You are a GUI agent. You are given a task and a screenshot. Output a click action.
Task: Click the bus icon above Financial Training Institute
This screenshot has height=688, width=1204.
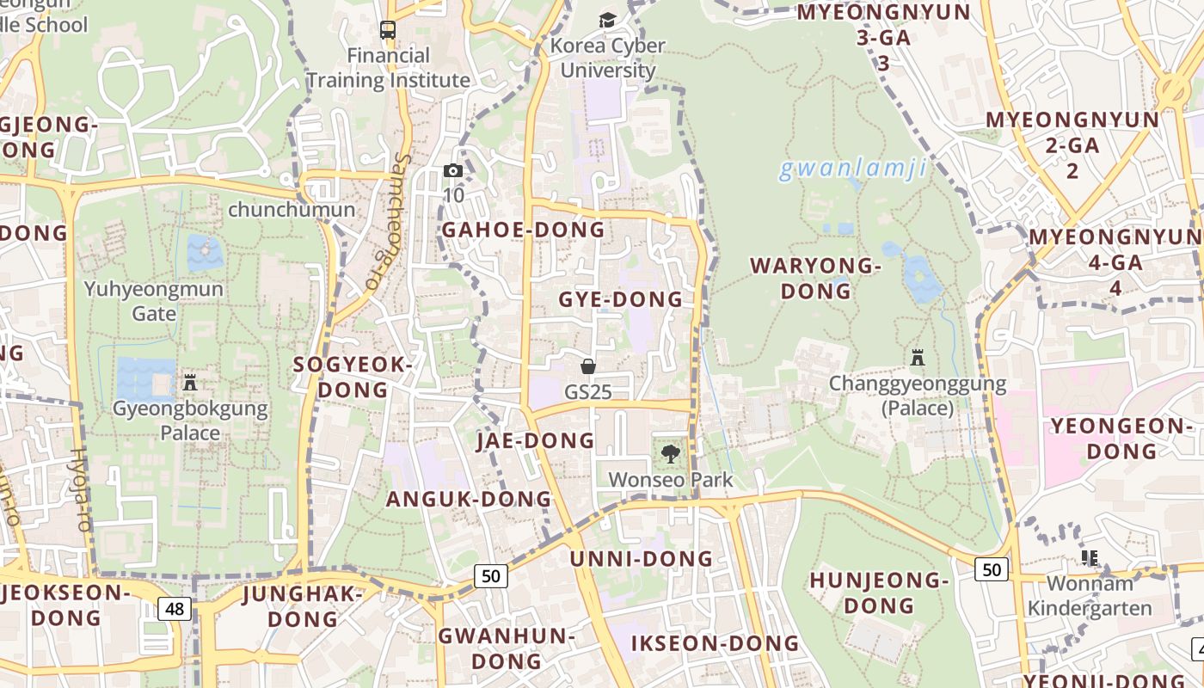click(x=388, y=30)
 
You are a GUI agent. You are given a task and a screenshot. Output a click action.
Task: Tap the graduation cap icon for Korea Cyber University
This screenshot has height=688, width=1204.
click(x=608, y=20)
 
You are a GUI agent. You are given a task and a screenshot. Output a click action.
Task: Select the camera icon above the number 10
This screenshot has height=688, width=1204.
click(x=453, y=170)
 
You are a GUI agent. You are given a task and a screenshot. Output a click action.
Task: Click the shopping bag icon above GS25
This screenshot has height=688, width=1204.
click(x=588, y=366)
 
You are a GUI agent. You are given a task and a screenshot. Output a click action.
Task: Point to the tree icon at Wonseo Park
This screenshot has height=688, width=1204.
click(x=670, y=453)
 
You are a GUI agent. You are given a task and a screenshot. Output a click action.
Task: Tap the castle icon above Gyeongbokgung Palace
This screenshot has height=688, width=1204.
click(x=190, y=382)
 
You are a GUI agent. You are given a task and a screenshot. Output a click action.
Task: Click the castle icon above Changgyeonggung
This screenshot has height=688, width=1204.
click(x=918, y=357)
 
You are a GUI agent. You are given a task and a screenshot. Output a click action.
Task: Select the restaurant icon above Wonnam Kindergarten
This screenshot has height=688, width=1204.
click(x=1090, y=558)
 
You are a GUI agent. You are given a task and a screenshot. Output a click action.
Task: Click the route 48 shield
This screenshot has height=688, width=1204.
click(x=175, y=609)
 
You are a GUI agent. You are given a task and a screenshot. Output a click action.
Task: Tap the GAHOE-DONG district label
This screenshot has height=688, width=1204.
click(x=523, y=230)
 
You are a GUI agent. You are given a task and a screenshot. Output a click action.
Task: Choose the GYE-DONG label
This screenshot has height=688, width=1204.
click(x=620, y=299)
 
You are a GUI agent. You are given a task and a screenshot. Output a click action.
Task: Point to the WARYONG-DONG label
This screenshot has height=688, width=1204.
click(x=816, y=278)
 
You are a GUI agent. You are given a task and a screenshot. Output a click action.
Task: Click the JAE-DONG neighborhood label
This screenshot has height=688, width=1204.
click(x=535, y=440)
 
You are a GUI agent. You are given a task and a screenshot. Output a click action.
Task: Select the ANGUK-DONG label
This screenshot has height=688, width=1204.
click(x=469, y=499)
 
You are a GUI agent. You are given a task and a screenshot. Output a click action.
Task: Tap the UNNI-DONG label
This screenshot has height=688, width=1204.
click(x=642, y=559)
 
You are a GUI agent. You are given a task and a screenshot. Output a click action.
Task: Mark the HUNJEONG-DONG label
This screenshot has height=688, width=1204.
click(x=878, y=593)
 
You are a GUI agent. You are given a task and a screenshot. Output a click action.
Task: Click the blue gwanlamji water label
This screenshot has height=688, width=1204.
click(x=853, y=169)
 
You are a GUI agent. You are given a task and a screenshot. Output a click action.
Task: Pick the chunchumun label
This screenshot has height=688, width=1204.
click(x=292, y=210)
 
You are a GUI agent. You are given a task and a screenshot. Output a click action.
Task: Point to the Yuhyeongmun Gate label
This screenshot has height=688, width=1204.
click(x=154, y=301)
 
